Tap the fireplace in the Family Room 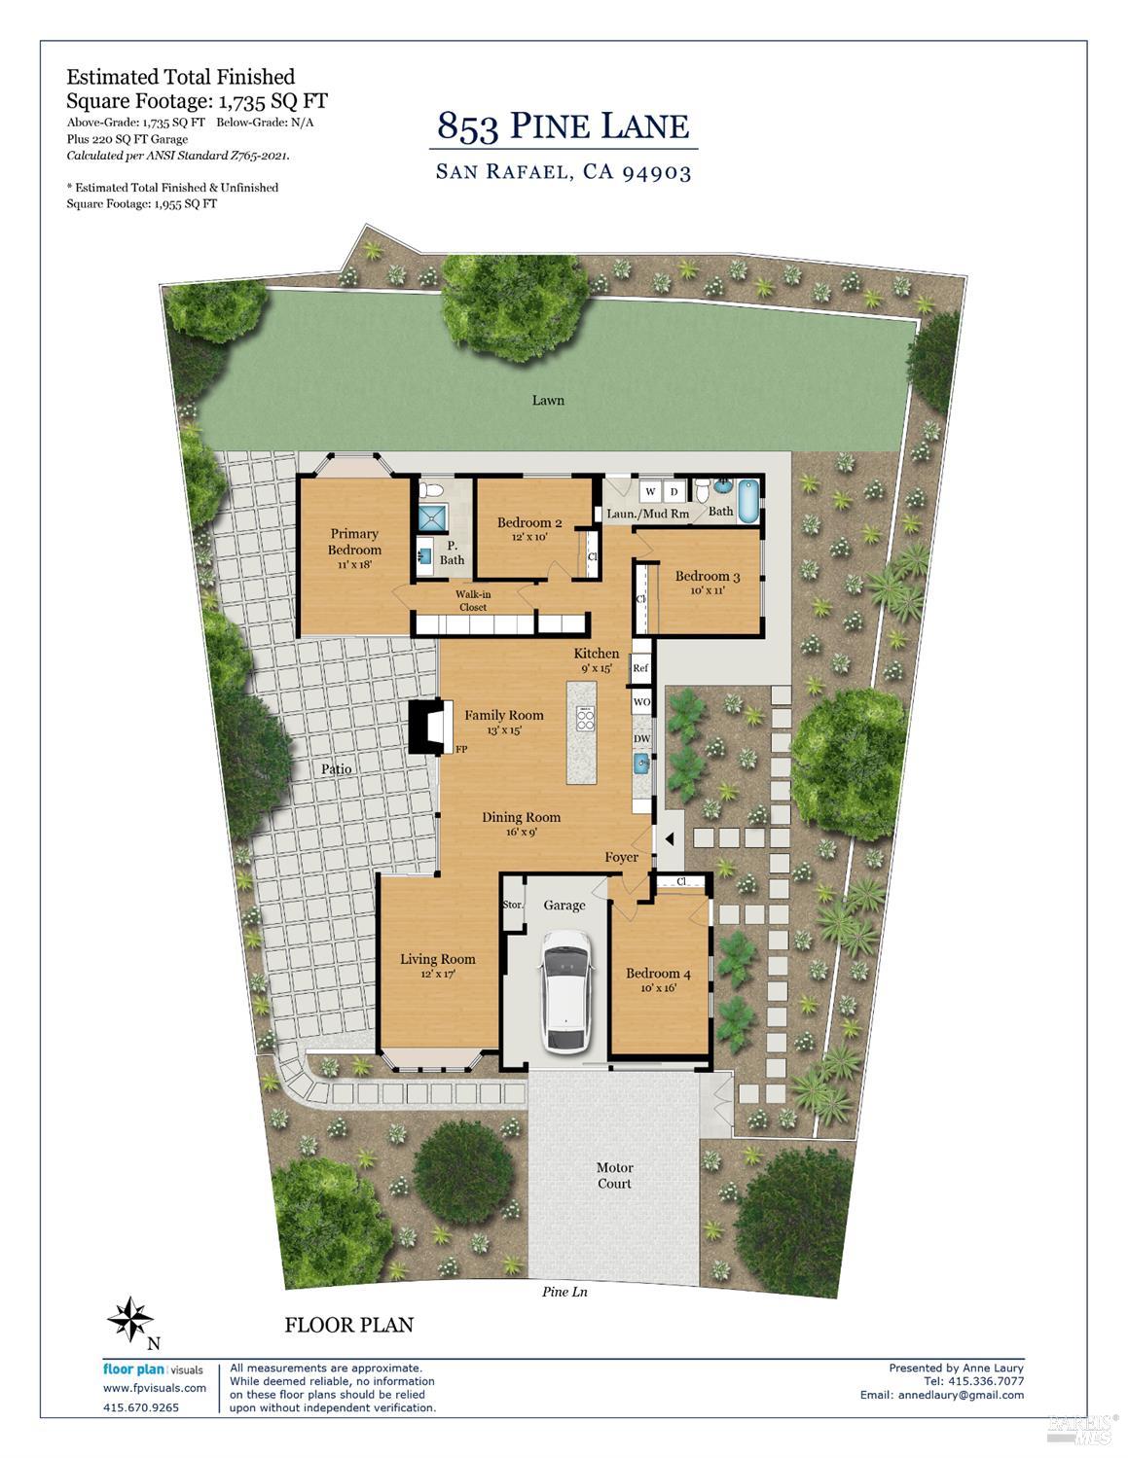[427, 728]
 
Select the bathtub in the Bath [748, 501]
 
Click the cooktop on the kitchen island [585, 719]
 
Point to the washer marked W [650, 492]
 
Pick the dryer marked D [674, 492]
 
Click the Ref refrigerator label [639, 668]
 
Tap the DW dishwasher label [642, 739]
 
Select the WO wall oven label [642, 702]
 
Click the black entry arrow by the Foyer [669, 838]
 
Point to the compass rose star [130, 1319]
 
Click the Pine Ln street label [564, 1292]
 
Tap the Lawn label [548, 400]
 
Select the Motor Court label [614, 1176]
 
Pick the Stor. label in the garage [512, 905]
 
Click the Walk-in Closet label [473, 600]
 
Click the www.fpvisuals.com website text [155, 1388]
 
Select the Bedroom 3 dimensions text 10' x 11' [708, 591]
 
